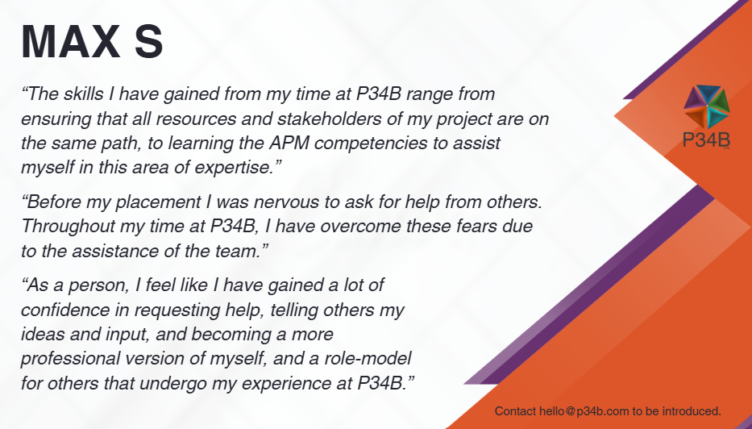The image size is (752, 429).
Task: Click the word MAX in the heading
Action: (x=70, y=42)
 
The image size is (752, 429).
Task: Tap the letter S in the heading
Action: (x=149, y=42)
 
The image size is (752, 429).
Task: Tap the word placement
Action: (x=158, y=202)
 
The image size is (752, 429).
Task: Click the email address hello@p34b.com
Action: (x=584, y=411)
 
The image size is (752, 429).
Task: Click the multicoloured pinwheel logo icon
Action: (x=706, y=107)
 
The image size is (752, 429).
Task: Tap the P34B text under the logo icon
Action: (x=706, y=140)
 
